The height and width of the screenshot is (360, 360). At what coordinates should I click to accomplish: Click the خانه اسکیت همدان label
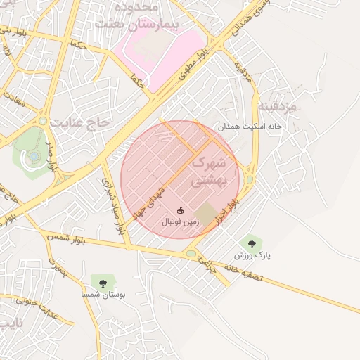tap(249, 127)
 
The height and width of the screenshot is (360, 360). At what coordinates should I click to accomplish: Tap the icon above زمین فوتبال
tap(181, 210)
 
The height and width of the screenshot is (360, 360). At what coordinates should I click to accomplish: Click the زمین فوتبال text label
tap(181, 221)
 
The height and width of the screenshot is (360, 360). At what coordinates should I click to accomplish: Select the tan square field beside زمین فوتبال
tap(206, 213)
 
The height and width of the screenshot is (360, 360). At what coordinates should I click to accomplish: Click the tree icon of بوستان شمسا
tap(103, 283)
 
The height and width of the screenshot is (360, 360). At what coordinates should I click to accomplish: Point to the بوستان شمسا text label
tap(103, 295)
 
